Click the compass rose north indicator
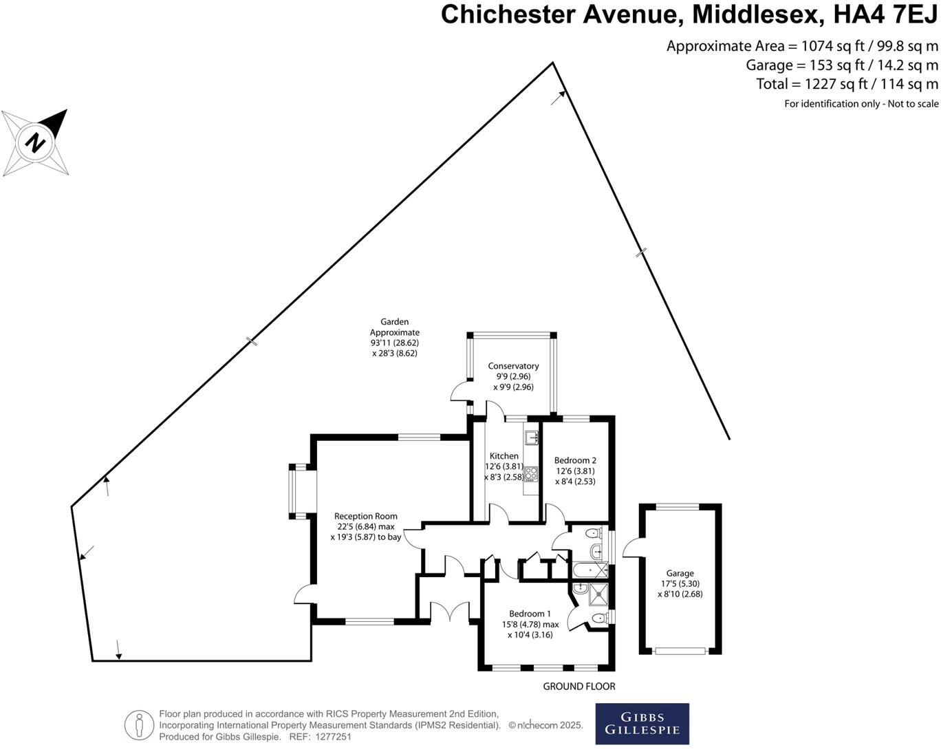[36, 142]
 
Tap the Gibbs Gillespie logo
[642, 724]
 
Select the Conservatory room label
[513, 366]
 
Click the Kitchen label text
[504, 456]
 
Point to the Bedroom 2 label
[575, 460]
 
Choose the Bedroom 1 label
[530, 614]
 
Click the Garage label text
[680, 573]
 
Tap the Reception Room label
[365, 516]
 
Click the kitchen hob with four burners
[531, 473]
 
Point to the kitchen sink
[531, 437]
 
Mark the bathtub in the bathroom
[590, 570]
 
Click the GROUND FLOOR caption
[578, 686]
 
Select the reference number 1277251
[333, 736]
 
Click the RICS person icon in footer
[139, 725]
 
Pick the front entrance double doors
[450, 612]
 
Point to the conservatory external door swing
[459, 391]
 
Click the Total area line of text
[847, 84]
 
